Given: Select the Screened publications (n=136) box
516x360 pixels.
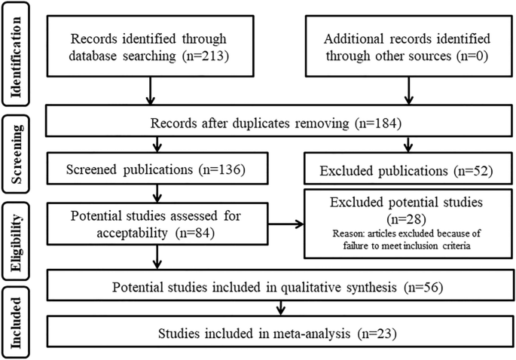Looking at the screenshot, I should pyautogui.click(x=158, y=169).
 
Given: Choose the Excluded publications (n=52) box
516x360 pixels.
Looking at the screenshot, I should pyautogui.click(x=409, y=169).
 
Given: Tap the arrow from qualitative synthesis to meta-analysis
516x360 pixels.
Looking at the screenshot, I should pyautogui.click(x=280, y=309).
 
